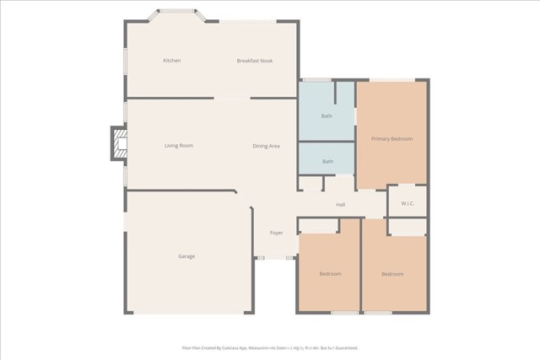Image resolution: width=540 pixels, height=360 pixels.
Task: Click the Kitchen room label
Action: pyautogui.click(x=172, y=61)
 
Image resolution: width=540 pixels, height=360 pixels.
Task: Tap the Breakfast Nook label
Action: pyautogui.click(x=254, y=61)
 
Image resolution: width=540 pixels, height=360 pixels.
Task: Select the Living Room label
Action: pyautogui.click(x=178, y=146)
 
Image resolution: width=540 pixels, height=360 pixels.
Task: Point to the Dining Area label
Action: pyautogui.click(x=266, y=147)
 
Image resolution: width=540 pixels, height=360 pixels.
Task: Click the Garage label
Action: pyautogui.click(x=186, y=256)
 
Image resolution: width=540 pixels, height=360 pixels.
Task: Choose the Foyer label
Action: pyautogui.click(x=276, y=233)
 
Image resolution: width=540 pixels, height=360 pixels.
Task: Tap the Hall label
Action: pyautogui.click(x=341, y=205)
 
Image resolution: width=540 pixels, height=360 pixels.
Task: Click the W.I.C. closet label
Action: pyautogui.click(x=407, y=203)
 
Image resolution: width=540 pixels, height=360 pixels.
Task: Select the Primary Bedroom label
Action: pyautogui.click(x=391, y=138)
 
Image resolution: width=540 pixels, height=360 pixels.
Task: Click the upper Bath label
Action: pyautogui.click(x=327, y=116)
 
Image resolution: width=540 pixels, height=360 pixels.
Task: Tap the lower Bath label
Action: pyautogui.click(x=327, y=161)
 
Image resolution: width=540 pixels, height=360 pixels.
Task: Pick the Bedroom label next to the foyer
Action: pyautogui.click(x=330, y=274)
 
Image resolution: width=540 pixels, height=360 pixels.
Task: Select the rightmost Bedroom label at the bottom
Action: pyautogui.click(x=391, y=274)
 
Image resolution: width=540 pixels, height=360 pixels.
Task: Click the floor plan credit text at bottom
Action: pyautogui.click(x=270, y=347)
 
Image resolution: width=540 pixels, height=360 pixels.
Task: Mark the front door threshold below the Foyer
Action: pyautogui.click(x=275, y=258)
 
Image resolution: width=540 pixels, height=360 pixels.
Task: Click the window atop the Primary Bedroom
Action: pyautogui.click(x=391, y=80)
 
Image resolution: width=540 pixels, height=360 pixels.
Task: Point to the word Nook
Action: pyautogui.click(x=266, y=61)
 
